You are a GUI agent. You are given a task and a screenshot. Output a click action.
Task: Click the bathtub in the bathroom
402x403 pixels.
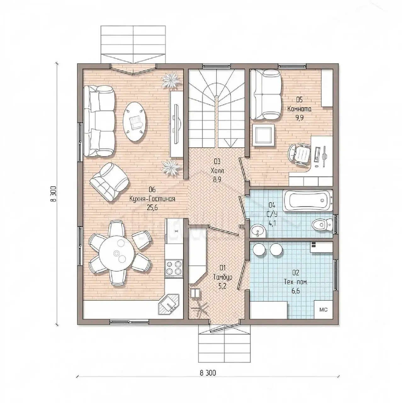[x=308, y=200]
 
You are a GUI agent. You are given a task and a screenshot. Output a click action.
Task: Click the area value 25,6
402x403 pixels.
[x=152, y=207]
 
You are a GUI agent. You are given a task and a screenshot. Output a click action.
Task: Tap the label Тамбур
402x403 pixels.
[x=223, y=278]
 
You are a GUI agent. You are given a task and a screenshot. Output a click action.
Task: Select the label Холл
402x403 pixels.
[x=217, y=171]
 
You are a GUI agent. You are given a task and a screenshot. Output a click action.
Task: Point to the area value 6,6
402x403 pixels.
[x=296, y=291]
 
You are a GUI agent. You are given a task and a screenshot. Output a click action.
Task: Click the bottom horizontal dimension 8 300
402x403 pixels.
[x=208, y=373]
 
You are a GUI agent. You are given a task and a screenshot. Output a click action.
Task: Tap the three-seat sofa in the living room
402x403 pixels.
[x=99, y=121]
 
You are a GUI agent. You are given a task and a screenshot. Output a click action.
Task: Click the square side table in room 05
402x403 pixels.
[x=263, y=135]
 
